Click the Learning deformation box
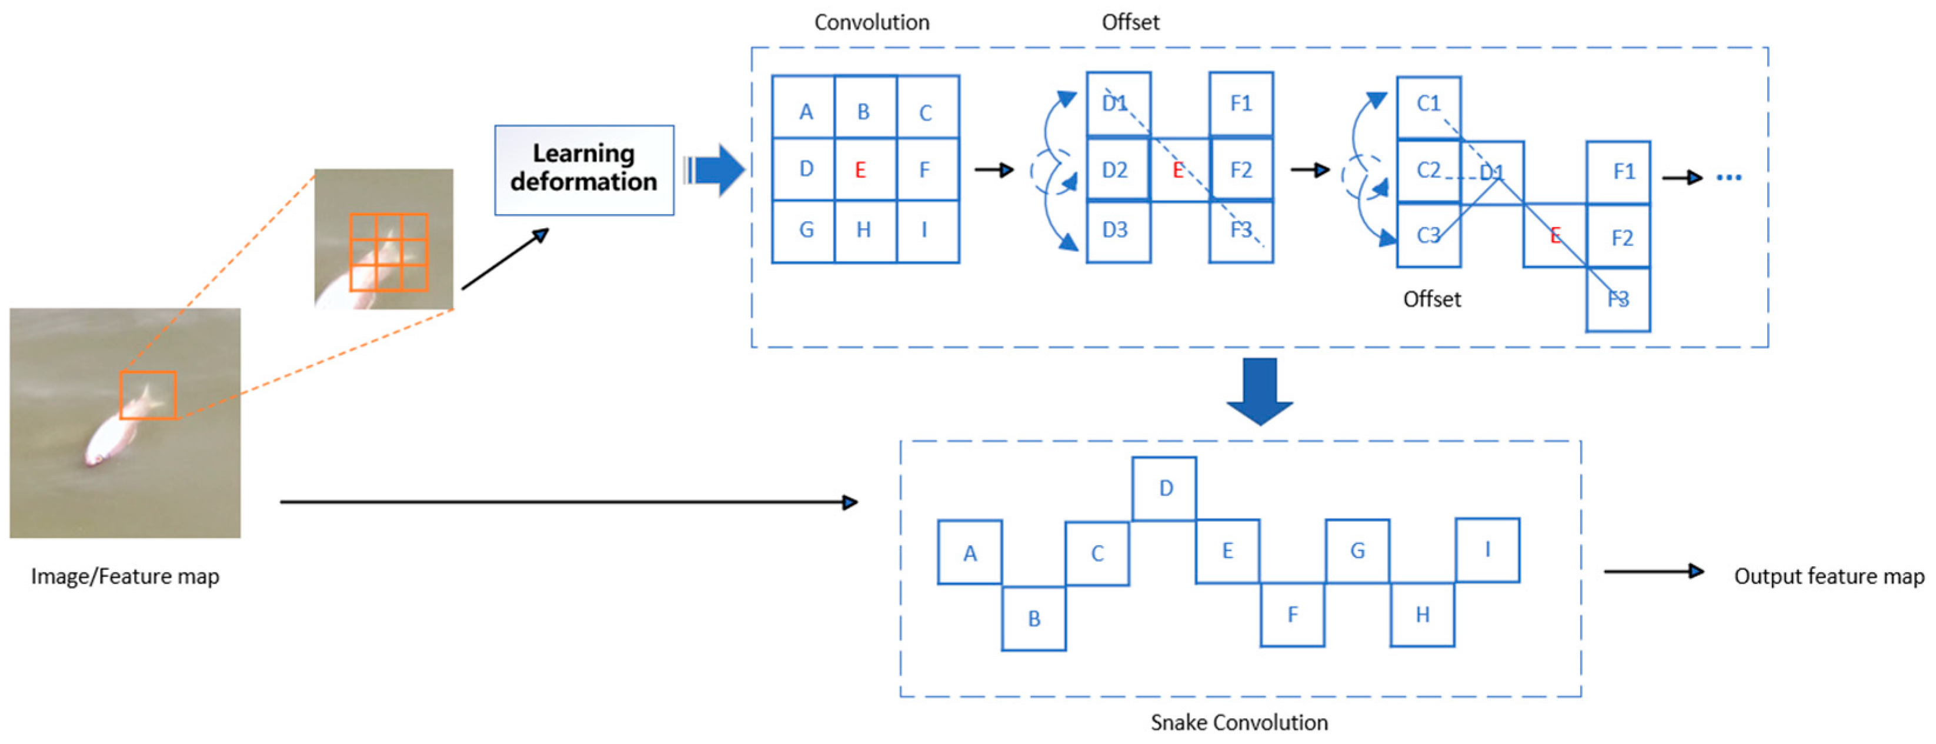[x=584, y=170]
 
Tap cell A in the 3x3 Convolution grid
[x=804, y=109]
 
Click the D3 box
[x=1117, y=231]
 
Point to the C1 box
[x=1428, y=105]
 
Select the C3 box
[x=1428, y=235]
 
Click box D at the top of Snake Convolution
[x=1164, y=489]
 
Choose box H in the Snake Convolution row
[x=1422, y=614]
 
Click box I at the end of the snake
[x=1487, y=549]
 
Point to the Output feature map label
[x=1828, y=576]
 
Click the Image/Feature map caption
[x=125, y=576]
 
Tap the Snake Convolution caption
[x=1239, y=722]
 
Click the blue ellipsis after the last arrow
[x=1728, y=178]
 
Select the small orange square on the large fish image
[x=148, y=395]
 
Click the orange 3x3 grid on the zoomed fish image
[x=389, y=252]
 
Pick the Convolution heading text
[x=872, y=22]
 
